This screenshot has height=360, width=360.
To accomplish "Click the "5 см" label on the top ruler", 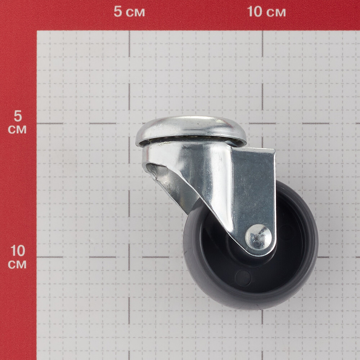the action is [129, 12].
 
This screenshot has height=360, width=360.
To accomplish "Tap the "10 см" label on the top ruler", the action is [266, 12].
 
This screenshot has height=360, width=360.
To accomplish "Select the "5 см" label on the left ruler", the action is [17, 122].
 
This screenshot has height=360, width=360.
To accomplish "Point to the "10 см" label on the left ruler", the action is [17, 257].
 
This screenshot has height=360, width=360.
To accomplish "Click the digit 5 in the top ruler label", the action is [118, 12].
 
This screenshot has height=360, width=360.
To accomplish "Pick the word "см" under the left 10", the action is [17, 265].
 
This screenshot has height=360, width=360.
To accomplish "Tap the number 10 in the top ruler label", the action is [255, 12].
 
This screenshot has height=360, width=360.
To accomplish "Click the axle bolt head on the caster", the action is [258, 237].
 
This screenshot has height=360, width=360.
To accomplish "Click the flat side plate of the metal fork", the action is [254, 190].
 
